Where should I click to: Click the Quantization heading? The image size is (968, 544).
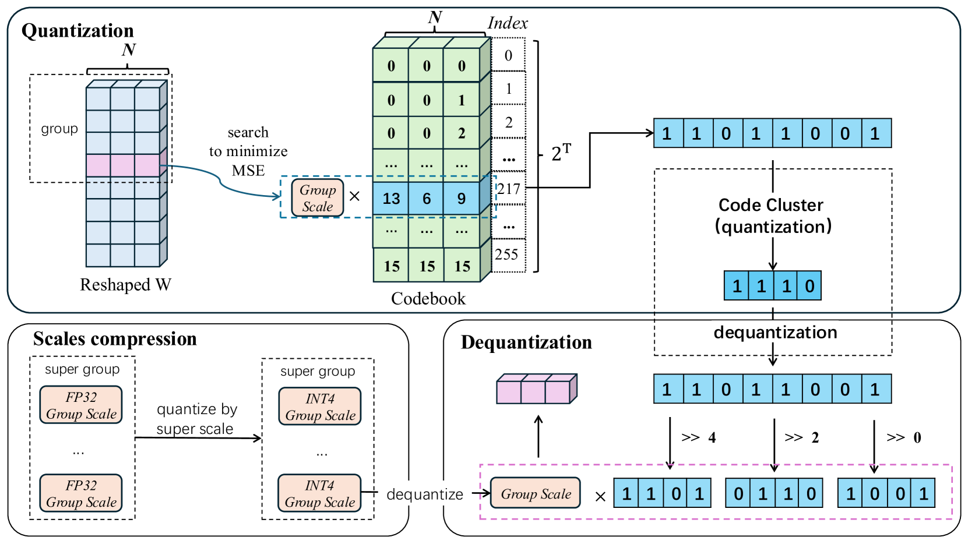(78, 31)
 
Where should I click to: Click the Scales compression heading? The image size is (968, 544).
(115, 339)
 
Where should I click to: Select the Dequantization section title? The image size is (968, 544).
(526, 342)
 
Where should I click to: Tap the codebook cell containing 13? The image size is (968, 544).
(391, 199)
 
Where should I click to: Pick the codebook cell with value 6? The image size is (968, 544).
(427, 199)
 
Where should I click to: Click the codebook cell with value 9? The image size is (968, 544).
(462, 199)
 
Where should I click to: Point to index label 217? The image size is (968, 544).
(509, 189)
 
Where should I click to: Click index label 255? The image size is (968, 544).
(506, 255)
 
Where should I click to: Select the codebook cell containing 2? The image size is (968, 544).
(462, 133)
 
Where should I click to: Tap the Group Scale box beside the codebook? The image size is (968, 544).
(318, 198)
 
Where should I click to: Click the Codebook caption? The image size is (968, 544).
(428, 299)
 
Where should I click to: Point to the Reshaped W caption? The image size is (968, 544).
(125, 285)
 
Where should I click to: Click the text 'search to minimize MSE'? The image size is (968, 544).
(248, 151)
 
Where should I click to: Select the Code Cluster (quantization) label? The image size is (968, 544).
(772, 216)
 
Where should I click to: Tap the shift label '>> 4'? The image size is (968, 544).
(698, 438)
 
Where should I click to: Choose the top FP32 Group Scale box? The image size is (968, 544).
(81, 405)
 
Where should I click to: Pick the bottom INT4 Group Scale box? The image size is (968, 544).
(319, 493)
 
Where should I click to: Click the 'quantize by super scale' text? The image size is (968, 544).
(196, 419)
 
